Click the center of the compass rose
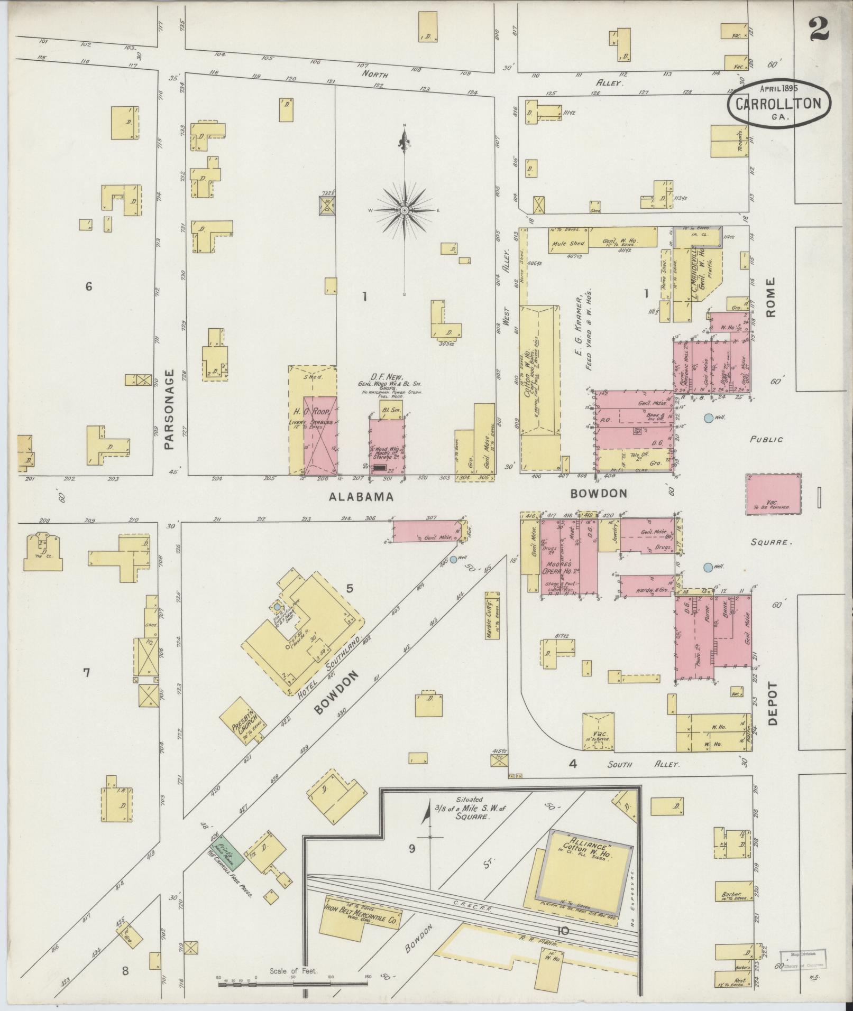click(x=405, y=210)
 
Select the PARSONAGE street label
click(x=169, y=410)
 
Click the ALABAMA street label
click(x=361, y=496)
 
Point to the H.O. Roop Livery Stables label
click(x=313, y=417)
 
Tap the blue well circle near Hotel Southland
click(x=453, y=560)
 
